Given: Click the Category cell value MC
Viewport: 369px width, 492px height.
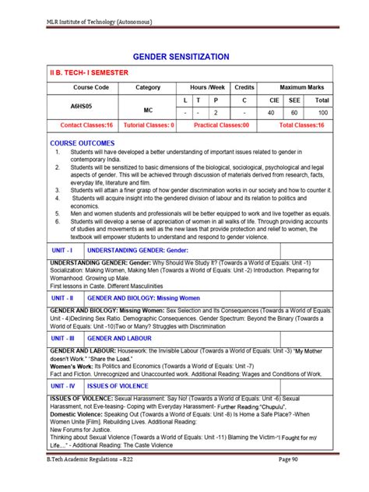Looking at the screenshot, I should coord(148,111).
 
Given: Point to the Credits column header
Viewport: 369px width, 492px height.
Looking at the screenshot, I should coord(244,88).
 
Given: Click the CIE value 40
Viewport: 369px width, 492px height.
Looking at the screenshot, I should coord(272,113).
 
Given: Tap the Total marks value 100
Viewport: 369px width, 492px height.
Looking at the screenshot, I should coord(322,113).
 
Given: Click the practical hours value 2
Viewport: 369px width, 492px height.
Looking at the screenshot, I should coord(215,113).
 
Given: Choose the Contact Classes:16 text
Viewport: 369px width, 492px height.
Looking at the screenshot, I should coord(87,125).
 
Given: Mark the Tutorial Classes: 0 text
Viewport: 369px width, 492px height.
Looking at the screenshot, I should coord(148,125).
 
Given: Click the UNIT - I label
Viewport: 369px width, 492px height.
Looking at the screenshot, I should coord(62,251).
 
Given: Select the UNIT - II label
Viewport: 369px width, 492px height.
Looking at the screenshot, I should coord(62,297).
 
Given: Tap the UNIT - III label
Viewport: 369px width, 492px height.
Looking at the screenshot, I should coord(62,339).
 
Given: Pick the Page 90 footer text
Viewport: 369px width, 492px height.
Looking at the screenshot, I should coord(307,483).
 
